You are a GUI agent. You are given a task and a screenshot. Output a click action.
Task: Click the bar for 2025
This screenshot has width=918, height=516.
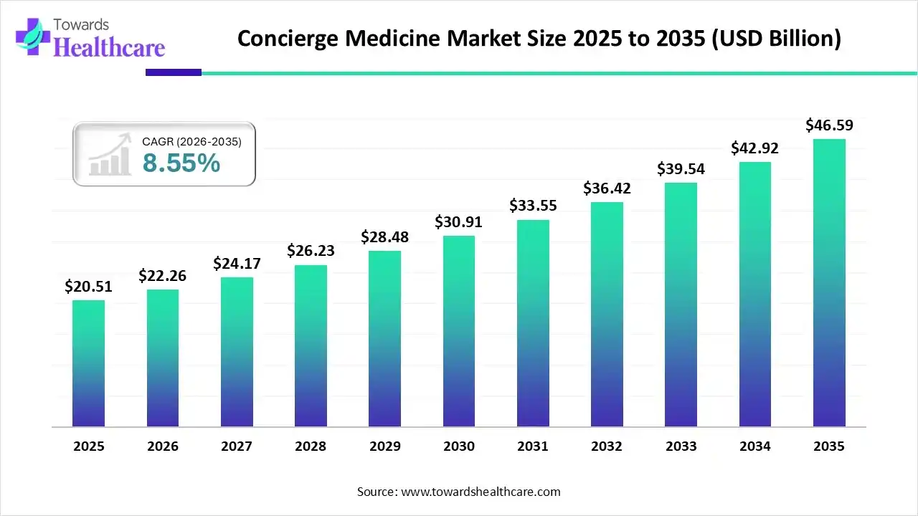88,363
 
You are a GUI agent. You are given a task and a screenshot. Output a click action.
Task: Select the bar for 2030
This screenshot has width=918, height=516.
459,331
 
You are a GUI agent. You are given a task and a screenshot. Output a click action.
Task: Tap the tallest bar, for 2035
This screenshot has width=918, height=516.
829,283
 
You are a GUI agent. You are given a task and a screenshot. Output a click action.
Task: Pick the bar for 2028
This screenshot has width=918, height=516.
311,346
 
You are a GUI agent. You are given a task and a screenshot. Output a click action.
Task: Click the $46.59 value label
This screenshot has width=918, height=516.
829,125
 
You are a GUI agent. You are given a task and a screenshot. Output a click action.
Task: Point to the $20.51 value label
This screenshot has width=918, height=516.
88,287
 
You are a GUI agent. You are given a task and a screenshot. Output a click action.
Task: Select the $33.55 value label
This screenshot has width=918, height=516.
533,206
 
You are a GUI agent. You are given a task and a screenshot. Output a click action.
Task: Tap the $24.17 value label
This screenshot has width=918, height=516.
237,264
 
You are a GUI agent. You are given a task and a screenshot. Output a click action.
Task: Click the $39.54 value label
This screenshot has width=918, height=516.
681,169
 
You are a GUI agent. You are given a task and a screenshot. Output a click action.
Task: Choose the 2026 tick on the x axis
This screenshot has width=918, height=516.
163,446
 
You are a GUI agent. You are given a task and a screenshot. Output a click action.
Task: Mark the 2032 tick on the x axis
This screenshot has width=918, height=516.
607,446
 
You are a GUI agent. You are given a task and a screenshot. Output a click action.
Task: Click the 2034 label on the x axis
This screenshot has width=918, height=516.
755,446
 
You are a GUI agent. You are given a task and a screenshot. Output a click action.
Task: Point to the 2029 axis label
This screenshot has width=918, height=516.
385,446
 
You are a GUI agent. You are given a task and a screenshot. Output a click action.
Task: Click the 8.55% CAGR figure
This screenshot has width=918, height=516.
181,164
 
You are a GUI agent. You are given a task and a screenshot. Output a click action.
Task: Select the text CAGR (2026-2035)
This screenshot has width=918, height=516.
191,142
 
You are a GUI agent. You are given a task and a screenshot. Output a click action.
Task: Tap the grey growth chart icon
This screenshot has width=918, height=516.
109,155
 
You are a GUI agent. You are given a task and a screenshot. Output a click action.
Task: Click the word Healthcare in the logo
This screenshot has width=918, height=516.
109,47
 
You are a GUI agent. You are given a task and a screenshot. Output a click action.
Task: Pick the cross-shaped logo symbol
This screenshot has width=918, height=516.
30,36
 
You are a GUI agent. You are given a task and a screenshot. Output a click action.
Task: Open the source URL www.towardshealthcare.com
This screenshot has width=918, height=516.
479,492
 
